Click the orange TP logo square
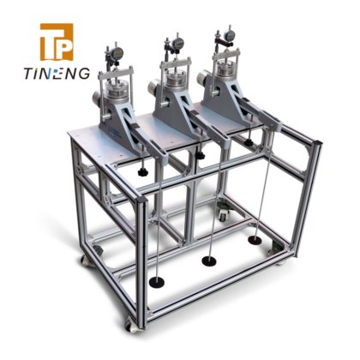tap(57, 42)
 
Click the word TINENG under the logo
tap(57, 74)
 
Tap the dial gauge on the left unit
tap(117, 52)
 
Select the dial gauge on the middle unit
tap(177, 43)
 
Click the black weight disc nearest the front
tap(157, 282)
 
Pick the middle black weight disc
tap(209, 261)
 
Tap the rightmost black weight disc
tap(255, 240)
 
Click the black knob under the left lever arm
tap(142, 171)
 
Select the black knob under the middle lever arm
tap(201, 156)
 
